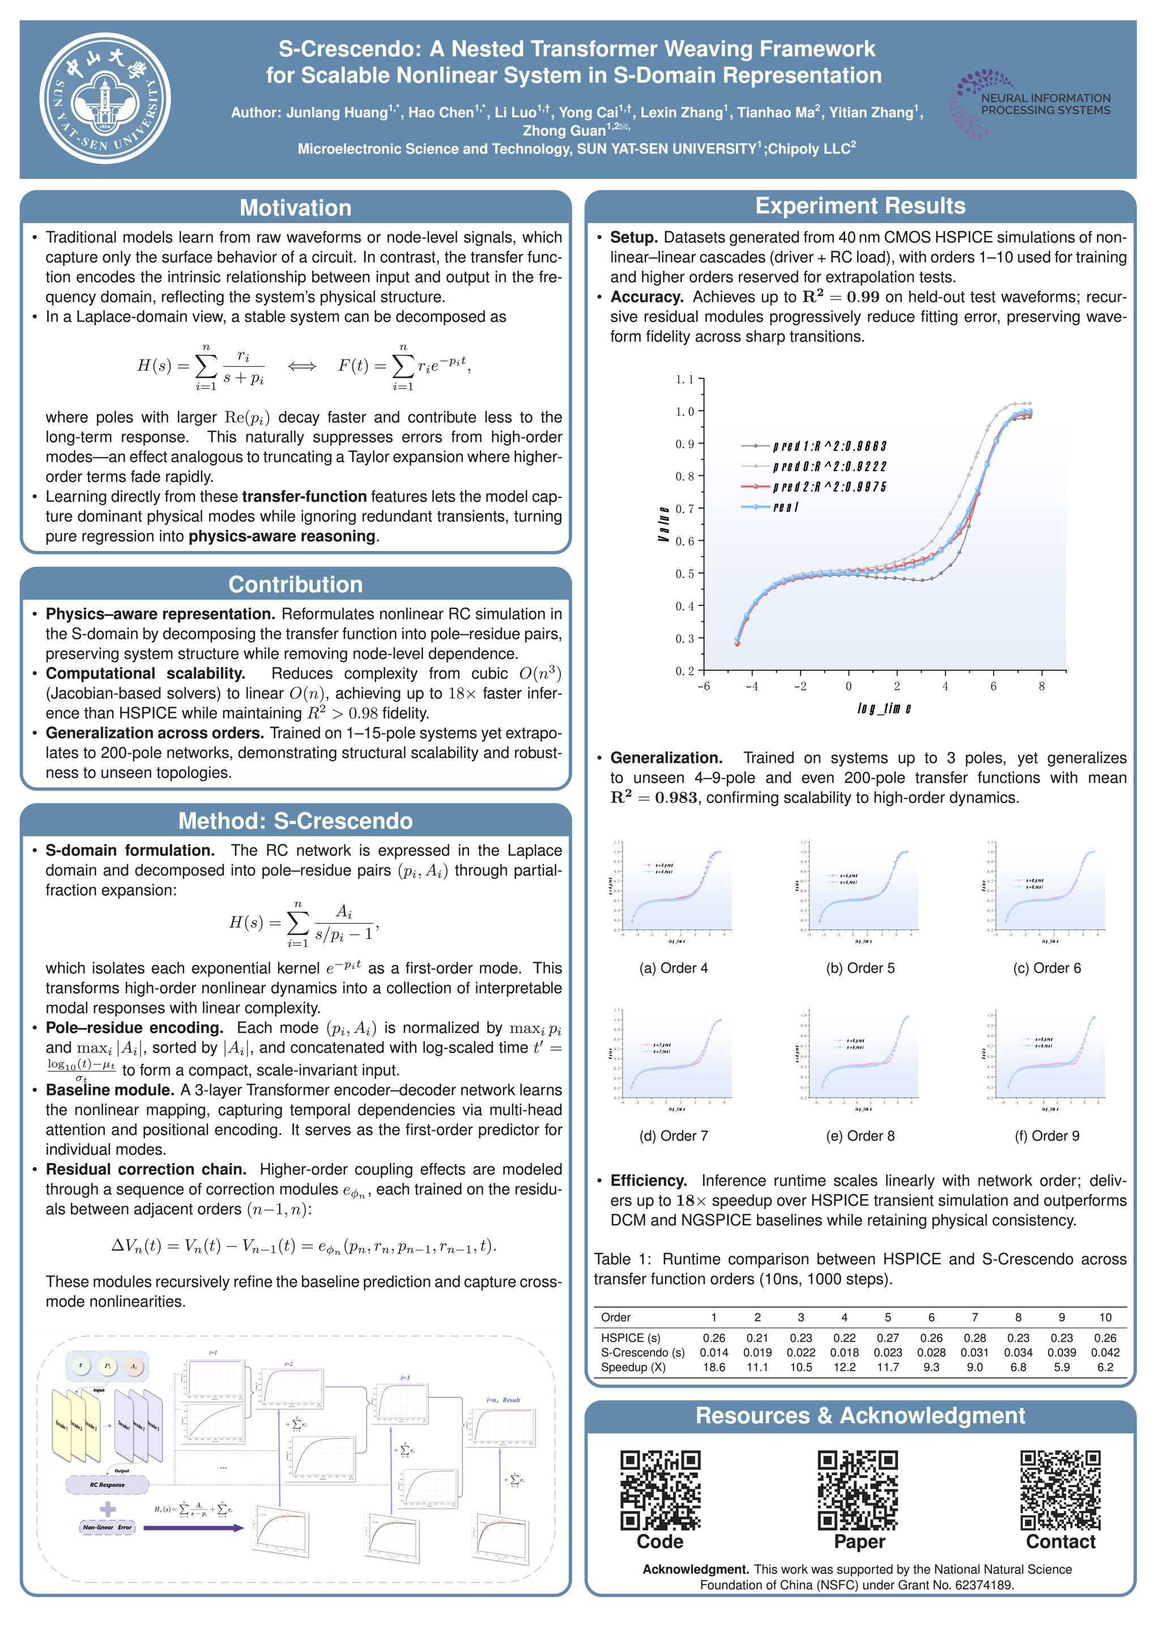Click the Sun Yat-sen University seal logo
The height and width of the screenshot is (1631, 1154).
[105, 99]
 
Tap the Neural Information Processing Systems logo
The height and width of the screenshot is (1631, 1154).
[1030, 104]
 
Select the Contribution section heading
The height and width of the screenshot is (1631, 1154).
[296, 584]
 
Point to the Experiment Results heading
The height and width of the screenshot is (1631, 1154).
[860, 206]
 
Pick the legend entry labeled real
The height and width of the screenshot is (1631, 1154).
[785, 507]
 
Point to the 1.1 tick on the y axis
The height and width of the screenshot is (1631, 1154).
[684, 379]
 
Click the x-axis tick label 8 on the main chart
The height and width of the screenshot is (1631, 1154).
[1042, 686]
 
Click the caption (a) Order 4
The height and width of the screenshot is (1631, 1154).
[673, 968]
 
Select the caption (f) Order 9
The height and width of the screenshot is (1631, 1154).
[1047, 1136]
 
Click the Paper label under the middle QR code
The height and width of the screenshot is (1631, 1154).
[860, 1542]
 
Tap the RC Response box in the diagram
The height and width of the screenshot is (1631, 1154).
[107, 1485]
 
